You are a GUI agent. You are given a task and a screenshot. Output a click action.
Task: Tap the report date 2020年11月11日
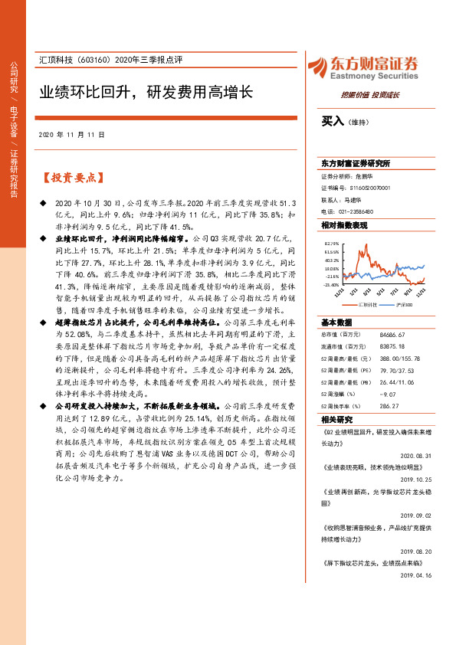pos(71,134)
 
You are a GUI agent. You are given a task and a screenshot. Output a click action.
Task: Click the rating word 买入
pos(331,120)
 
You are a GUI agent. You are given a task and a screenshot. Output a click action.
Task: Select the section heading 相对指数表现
pos(344,225)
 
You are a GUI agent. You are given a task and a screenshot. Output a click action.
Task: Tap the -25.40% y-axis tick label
pos(330,284)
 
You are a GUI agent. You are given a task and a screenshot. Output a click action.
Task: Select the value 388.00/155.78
pos(405,359)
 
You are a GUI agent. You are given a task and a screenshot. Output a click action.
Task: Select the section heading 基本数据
pos(336,322)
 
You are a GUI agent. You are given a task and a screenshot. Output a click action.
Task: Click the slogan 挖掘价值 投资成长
pos(370,94)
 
